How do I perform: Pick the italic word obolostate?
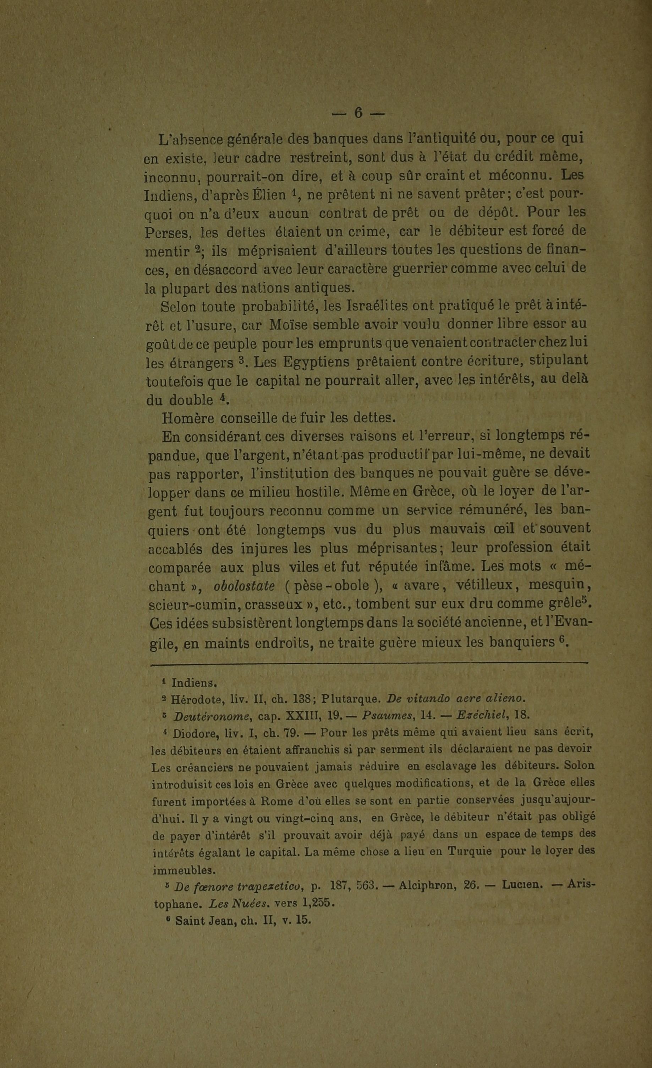244,586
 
